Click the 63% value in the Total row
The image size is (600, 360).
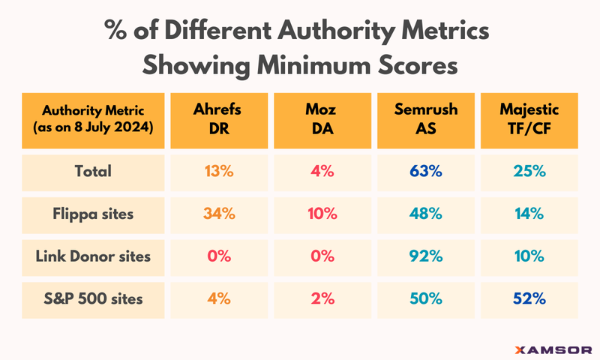pyautogui.click(x=426, y=171)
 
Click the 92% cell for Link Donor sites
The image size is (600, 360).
pyautogui.click(x=426, y=256)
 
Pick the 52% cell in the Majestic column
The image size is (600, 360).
pyautogui.click(x=528, y=298)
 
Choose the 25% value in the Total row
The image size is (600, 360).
pyautogui.click(x=528, y=171)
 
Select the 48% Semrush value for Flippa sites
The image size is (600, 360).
pyautogui.click(x=426, y=213)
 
